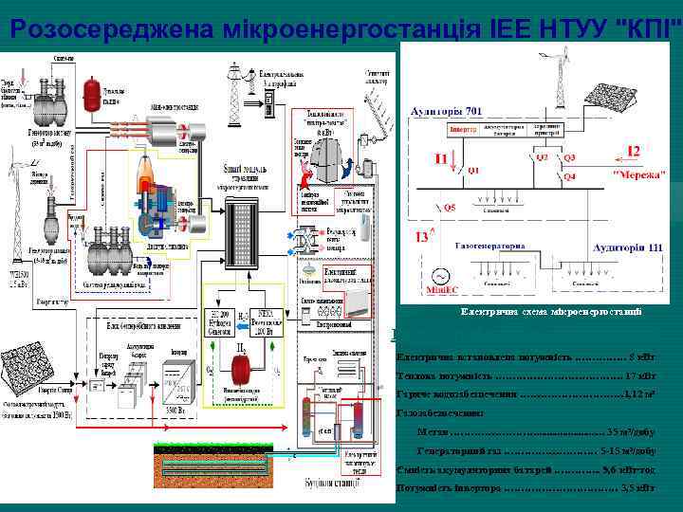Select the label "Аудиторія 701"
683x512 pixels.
pos(446,111)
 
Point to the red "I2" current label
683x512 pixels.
pos(634,151)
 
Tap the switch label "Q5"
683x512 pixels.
pos(449,207)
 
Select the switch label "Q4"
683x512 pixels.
pos(569,176)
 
